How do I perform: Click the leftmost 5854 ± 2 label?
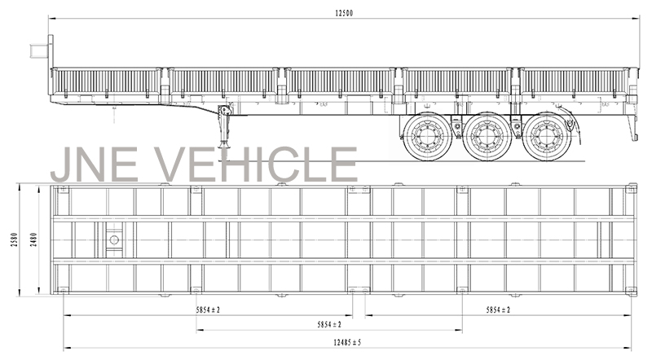coord(208,310)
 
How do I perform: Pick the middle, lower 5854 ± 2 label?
coord(329,324)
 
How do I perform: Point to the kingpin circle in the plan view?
coord(114,239)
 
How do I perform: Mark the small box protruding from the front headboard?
coord(38,50)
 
